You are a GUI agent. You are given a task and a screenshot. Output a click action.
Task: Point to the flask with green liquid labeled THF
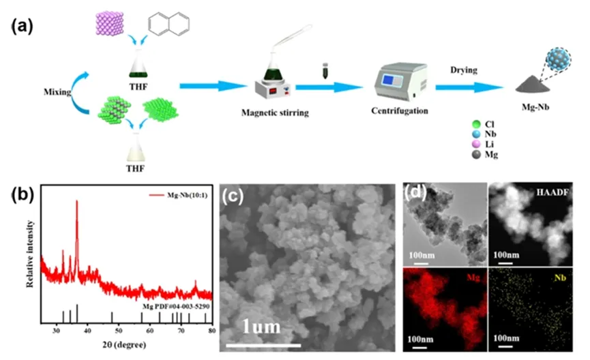[x=140, y=65]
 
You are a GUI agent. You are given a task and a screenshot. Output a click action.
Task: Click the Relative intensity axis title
[x=31, y=252]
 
